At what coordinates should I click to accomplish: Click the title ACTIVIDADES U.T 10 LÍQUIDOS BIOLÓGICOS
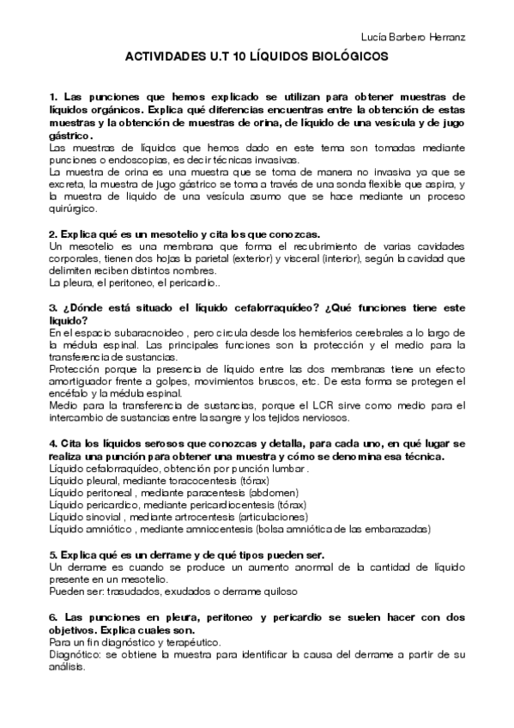(257, 56)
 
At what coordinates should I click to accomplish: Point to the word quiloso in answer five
(278, 592)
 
